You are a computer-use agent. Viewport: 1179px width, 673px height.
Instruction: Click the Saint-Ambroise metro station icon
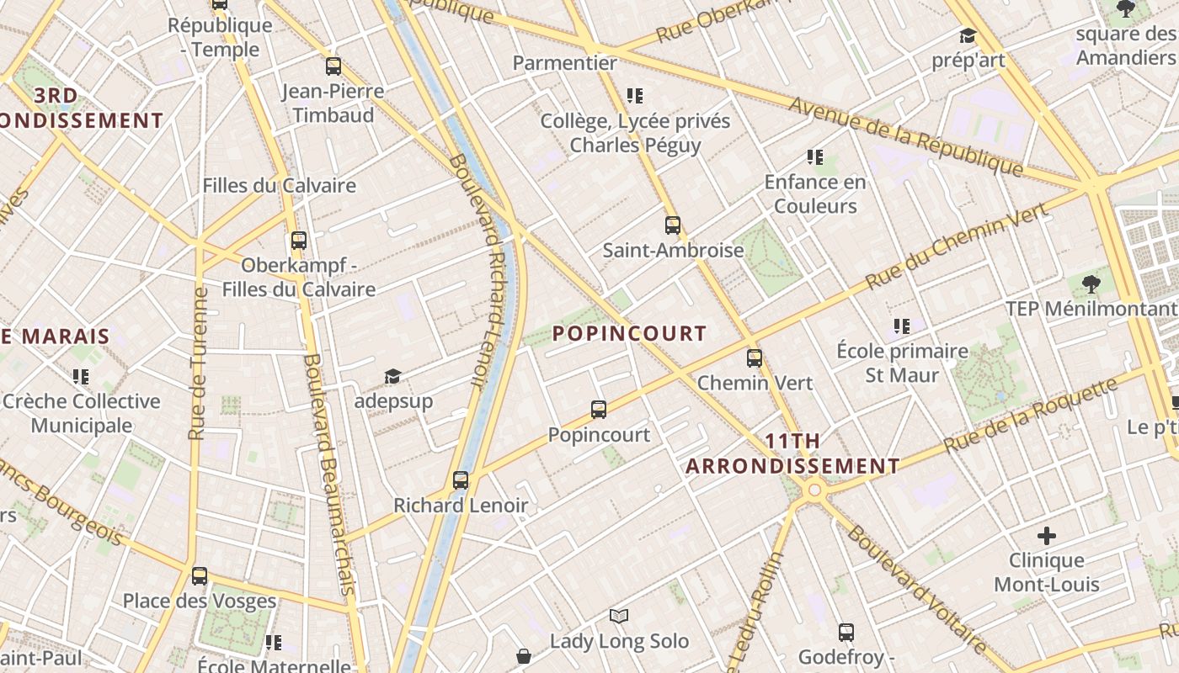pos(672,225)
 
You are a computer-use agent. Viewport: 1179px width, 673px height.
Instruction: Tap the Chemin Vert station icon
pos(755,358)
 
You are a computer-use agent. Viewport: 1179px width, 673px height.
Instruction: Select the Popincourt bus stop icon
pos(599,410)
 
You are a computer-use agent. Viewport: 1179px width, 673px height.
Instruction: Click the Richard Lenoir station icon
pos(461,480)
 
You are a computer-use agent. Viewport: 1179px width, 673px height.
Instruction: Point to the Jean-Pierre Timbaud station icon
pos(333,66)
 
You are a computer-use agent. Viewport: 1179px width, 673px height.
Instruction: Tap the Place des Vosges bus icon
pos(200,575)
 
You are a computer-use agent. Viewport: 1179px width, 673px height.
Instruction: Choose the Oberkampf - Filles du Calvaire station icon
pos(299,240)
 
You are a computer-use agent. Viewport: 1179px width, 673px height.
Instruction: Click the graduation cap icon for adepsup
pos(392,376)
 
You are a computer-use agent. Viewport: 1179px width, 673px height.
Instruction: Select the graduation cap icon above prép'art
pos(968,35)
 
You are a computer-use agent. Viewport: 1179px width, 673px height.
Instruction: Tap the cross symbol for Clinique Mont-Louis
pos(1047,535)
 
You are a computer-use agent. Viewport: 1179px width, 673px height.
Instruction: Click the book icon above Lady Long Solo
pos(619,617)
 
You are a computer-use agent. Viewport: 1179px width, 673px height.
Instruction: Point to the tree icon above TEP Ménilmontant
pos(1091,284)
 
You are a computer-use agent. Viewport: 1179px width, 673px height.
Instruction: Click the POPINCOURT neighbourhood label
pos(629,333)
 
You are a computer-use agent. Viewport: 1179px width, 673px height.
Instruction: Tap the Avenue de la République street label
pos(906,136)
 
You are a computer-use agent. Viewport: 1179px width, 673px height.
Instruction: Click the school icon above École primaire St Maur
pos(902,326)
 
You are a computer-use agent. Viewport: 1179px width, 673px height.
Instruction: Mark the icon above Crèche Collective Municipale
pos(81,376)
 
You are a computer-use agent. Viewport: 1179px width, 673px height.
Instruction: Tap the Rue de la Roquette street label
pos(1031,416)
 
